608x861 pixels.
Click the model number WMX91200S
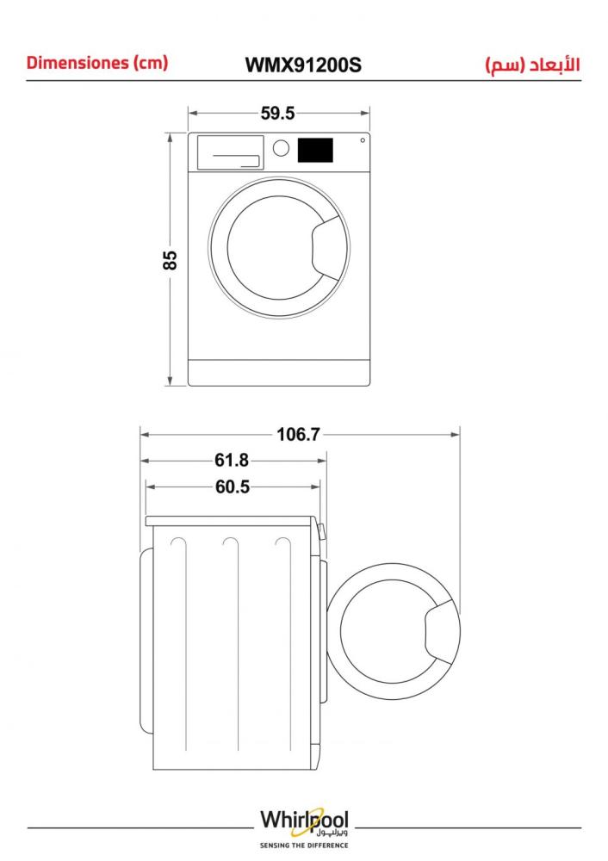coord(303,65)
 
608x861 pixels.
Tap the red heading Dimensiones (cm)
coord(96,63)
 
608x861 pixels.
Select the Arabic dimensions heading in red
coord(532,65)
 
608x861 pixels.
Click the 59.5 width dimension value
coord(278,113)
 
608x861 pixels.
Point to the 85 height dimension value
coord(171,260)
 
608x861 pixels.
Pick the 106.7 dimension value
coord(298,434)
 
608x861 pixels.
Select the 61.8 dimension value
coord(231,460)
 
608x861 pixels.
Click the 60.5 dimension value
coord(233,486)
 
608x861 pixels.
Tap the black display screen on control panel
coord(315,150)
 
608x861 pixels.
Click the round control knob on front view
coord(281,148)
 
